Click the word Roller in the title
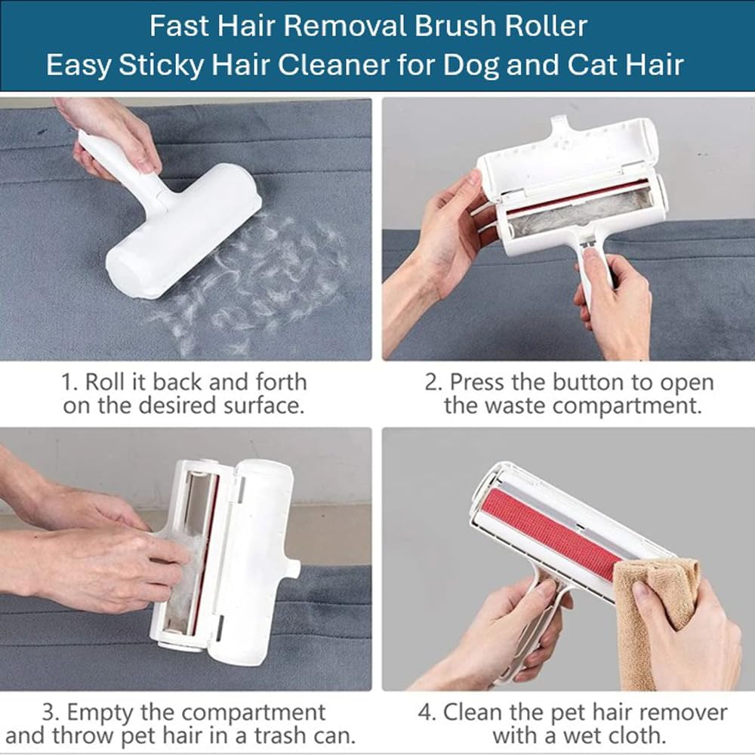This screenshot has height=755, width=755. (546, 26)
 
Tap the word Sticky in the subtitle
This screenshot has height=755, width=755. (162, 65)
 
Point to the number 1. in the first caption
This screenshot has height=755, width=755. (69, 382)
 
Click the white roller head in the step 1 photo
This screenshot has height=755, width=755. (183, 232)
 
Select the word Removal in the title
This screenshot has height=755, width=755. (345, 26)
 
